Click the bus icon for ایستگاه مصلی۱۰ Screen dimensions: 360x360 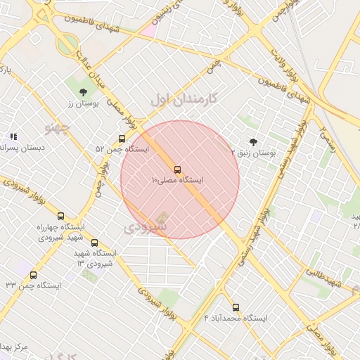(176, 169)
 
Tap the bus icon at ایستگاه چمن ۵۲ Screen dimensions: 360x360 (122, 139)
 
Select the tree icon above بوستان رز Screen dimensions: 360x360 (84, 91)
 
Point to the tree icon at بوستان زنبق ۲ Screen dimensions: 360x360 (253, 141)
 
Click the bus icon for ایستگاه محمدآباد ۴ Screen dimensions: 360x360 (236, 307)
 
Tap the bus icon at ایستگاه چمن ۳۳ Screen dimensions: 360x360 (33, 275)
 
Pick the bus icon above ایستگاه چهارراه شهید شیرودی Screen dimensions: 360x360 (60, 217)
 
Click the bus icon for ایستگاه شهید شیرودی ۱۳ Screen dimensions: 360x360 (94, 243)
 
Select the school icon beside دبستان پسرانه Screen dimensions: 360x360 (13, 136)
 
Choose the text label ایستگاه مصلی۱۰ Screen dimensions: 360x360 (177, 181)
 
